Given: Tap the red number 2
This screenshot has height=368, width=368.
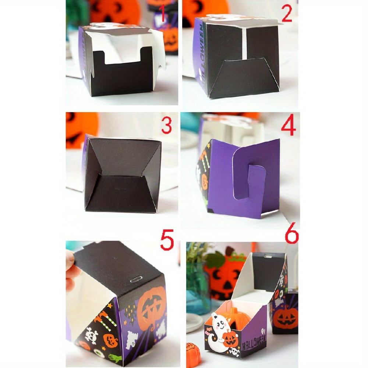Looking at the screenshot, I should click(286, 14).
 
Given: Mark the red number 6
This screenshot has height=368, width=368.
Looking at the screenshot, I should click(291, 236).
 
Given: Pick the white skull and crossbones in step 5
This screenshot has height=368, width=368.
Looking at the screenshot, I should click(91, 336).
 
